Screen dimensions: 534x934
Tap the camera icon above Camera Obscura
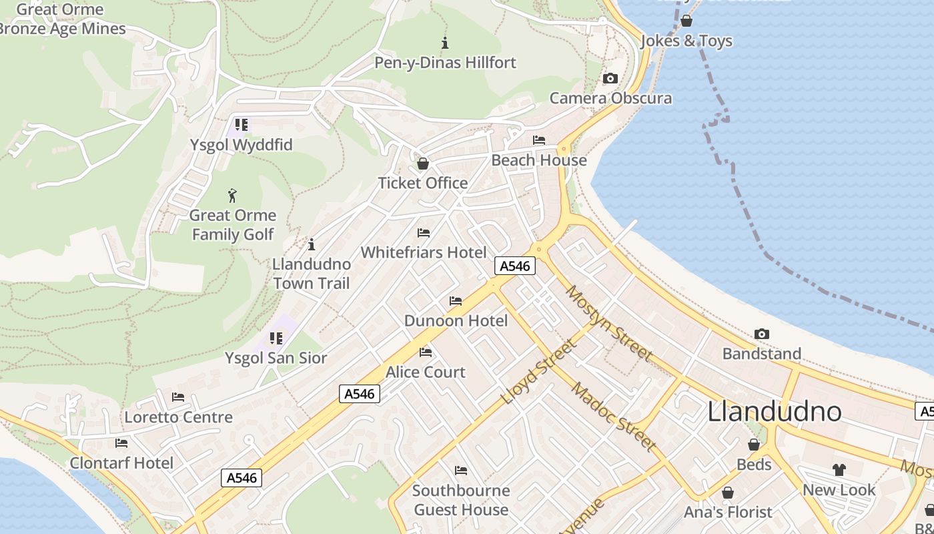(x=610, y=79)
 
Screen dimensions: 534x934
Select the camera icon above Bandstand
(x=761, y=334)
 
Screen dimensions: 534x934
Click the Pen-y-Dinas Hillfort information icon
(x=445, y=43)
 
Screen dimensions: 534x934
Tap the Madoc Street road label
(x=614, y=417)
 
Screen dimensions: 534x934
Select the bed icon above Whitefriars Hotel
(x=423, y=233)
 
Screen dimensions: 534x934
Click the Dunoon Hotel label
(x=456, y=321)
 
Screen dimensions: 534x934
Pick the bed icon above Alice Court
(x=425, y=352)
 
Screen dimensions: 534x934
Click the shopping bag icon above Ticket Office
(x=422, y=164)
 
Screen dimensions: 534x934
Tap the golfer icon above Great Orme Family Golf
(x=232, y=196)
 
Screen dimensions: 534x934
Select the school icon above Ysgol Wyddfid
(x=241, y=125)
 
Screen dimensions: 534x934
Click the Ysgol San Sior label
(x=276, y=358)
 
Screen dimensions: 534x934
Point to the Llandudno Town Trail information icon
(x=311, y=244)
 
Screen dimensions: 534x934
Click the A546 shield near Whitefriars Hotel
(x=515, y=266)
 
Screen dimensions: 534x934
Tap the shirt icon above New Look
(x=839, y=470)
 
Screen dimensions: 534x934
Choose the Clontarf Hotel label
(x=121, y=463)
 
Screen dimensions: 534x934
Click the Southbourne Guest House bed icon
(x=460, y=471)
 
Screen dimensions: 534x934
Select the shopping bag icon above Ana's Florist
(x=727, y=493)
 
